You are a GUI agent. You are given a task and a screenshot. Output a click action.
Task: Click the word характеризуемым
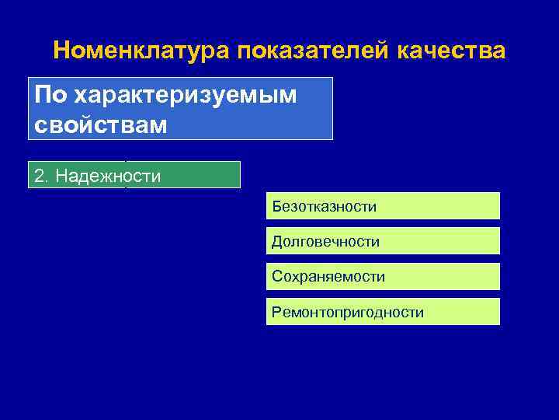(x=187, y=95)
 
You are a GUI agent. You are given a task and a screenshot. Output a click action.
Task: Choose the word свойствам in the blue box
(x=100, y=124)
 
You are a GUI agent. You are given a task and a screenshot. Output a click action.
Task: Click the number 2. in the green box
(x=41, y=177)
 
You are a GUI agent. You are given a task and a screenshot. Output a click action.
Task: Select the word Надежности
(x=107, y=177)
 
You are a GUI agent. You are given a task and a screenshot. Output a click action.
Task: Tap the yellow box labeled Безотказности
(x=383, y=206)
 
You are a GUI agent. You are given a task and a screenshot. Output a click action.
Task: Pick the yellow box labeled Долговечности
(x=383, y=242)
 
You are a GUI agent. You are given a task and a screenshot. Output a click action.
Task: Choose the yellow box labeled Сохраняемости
(x=383, y=277)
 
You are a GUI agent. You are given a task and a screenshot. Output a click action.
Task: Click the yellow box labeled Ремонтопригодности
(x=383, y=312)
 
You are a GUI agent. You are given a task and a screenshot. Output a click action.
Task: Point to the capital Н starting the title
(x=63, y=51)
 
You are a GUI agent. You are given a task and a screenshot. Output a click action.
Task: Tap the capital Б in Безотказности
(x=276, y=207)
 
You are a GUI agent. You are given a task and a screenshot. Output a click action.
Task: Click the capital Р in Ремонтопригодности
(x=276, y=313)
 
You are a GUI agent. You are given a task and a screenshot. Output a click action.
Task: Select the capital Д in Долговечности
(x=276, y=242)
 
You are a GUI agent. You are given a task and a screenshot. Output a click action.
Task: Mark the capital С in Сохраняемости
(x=276, y=277)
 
